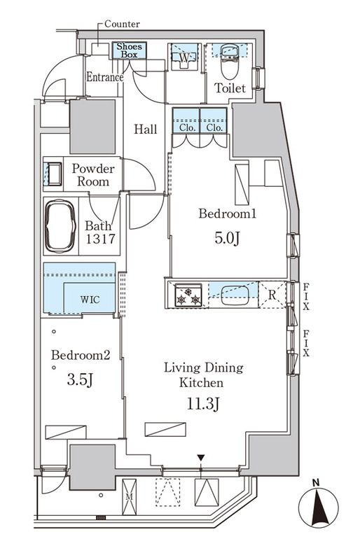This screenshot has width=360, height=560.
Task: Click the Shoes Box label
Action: point(129,50)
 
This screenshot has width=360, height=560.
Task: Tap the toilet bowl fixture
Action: point(229,62)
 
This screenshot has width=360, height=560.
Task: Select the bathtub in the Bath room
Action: point(60,226)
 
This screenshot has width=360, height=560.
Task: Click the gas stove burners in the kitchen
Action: point(188,295)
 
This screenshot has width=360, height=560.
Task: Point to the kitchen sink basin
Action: point(235,295)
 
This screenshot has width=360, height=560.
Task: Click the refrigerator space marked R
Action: point(272,295)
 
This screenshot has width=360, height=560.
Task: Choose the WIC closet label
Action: point(90,300)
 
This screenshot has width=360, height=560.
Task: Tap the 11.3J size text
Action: point(202,404)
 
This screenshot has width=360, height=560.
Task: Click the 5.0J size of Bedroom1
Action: point(227,238)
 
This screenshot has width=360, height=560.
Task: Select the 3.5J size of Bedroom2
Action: point(80,380)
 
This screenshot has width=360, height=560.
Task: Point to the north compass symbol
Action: point(318,504)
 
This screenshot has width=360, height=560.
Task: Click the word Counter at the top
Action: point(122,24)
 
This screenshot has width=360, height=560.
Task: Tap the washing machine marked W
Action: point(184,57)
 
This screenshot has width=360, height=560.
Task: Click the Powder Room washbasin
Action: point(55,174)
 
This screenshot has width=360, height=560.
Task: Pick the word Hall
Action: point(146,129)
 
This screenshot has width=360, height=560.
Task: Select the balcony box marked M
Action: point(129,497)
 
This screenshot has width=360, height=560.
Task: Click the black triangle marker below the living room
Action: point(201,458)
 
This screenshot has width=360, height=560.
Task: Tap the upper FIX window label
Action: point(306,296)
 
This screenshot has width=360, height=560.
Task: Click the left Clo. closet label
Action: point(186,127)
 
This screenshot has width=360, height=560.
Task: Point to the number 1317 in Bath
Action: point(100,239)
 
